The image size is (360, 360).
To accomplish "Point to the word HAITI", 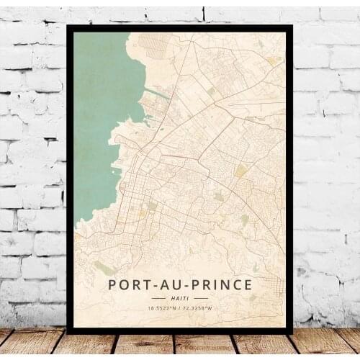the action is [x=180, y=297].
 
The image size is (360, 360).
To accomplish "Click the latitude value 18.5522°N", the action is [x=161, y=308].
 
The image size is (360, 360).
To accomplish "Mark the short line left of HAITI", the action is [x=158, y=297].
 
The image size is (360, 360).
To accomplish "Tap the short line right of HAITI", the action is [x=201, y=297].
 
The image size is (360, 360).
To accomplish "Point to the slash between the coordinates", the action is [x=180, y=308].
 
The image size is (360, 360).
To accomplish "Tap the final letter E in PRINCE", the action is [x=248, y=284].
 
